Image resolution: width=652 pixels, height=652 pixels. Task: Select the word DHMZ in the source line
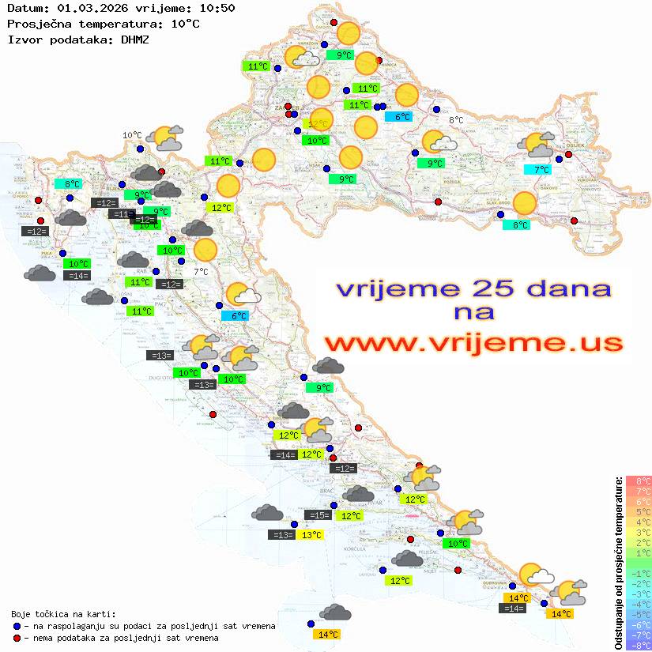coord(135,39)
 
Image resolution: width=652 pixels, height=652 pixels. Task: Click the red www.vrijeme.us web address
coord(473,343)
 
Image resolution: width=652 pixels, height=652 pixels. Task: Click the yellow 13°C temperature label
coord(311,535)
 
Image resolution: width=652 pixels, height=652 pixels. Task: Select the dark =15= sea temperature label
coord(318,515)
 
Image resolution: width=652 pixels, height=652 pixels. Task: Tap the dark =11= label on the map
coord(122,214)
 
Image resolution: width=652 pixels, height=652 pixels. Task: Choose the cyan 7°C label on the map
coord(541,169)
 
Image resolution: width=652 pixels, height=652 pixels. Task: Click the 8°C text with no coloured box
coord(456,121)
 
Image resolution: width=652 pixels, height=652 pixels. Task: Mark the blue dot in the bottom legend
coord(17,626)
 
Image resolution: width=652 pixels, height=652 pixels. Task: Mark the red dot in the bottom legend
coord(17,638)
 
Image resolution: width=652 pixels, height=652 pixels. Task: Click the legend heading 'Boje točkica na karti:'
coord(62,614)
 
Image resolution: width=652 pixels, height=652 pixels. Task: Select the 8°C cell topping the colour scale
coord(639,481)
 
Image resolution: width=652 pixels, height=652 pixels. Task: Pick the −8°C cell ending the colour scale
coord(639,646)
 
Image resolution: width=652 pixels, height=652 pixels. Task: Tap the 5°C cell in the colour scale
coord(639,511)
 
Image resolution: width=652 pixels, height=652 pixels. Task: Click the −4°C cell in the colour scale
coord(639,604)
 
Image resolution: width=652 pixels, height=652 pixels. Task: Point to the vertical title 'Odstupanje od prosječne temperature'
coord(618,563)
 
